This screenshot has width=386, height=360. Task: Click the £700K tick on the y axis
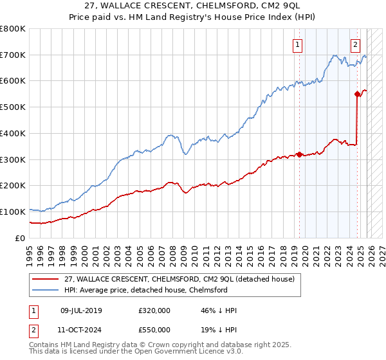click(x=13, y=55)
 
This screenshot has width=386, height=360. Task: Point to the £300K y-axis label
click(x=13, y=159)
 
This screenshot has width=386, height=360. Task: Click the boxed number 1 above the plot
click(x=298, y=44)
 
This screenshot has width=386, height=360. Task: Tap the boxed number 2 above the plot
click(x=355, y=44)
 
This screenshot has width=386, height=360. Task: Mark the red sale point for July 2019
click(x=299, y=154)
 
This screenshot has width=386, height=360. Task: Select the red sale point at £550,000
click(x=357, y=94)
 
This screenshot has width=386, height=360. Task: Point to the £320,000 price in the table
click(x=154, y=310)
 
